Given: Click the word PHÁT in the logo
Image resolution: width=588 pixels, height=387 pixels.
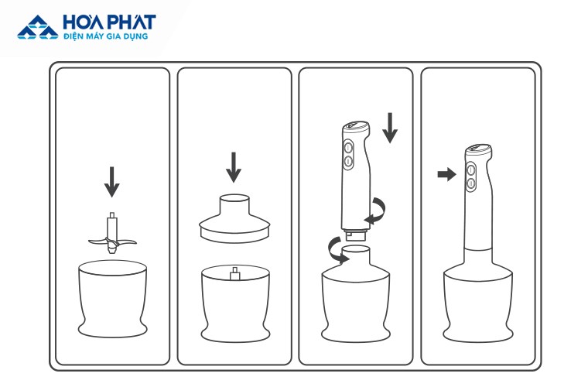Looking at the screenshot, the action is pos(131,22).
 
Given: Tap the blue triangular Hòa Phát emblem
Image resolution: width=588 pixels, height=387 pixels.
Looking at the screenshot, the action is pos(38,27).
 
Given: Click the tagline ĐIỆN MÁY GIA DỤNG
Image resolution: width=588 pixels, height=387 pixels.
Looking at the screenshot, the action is pos(105,36).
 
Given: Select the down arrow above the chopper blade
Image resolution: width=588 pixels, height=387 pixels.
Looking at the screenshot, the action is pos(111,182).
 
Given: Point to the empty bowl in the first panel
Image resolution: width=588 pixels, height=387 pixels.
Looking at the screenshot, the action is pos(112,299).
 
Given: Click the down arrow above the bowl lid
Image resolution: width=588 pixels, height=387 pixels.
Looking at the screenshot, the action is pos(234,167).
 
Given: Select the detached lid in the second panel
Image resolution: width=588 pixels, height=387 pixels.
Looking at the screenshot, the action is pos(234,218).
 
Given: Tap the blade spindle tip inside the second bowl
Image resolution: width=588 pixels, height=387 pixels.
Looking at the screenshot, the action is pos(235,273).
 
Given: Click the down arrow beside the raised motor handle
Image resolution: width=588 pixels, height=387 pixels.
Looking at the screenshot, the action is pos(390,128).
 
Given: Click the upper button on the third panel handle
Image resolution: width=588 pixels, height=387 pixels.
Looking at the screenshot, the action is pos(348,147).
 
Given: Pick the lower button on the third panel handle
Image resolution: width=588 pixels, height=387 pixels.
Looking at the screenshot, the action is pos(348,162).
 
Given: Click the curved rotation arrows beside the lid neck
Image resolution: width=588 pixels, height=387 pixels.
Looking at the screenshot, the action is pos(337,250).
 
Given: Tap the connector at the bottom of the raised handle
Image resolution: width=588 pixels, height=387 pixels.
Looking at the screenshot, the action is pos(355,235).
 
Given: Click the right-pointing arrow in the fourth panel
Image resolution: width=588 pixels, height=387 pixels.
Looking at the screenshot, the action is pos(446,174).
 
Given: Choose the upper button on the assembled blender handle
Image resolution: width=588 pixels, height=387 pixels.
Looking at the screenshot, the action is pos(471,170).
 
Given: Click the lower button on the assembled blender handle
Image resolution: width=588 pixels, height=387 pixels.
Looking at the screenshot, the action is pos(471,183).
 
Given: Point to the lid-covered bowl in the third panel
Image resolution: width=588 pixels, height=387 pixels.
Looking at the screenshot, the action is pos(355,293).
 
